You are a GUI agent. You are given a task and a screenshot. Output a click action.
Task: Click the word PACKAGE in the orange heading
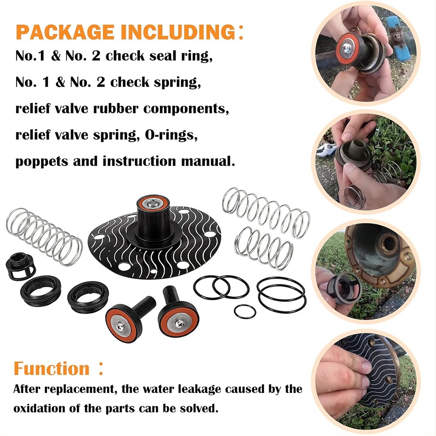pyautogui.click(x=65, y=32)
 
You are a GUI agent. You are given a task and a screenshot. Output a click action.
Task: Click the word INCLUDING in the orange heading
pyautogui.click(x=178, y=32)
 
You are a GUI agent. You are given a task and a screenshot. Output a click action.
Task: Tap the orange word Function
pyautogui.click(x=51, y=369)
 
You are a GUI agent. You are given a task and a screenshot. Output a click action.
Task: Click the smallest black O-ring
pyautogui.click(x=245, y=311)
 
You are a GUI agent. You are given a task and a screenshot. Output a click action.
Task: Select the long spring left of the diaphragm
pyautogui.click(x=44, y=237)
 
